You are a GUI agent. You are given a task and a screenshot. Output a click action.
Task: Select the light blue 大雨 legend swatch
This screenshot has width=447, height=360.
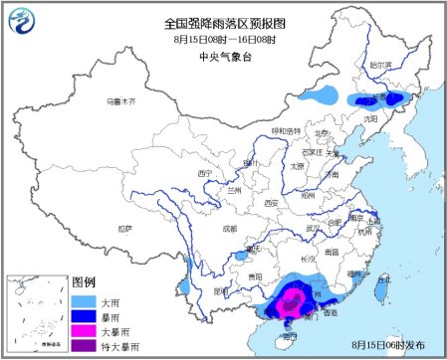(x=87, y=300)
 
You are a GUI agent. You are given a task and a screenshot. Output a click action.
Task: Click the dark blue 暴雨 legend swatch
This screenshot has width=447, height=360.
(x=87, y=315)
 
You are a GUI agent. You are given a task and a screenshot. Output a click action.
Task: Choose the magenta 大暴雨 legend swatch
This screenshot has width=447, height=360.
(x=87, y=329)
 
